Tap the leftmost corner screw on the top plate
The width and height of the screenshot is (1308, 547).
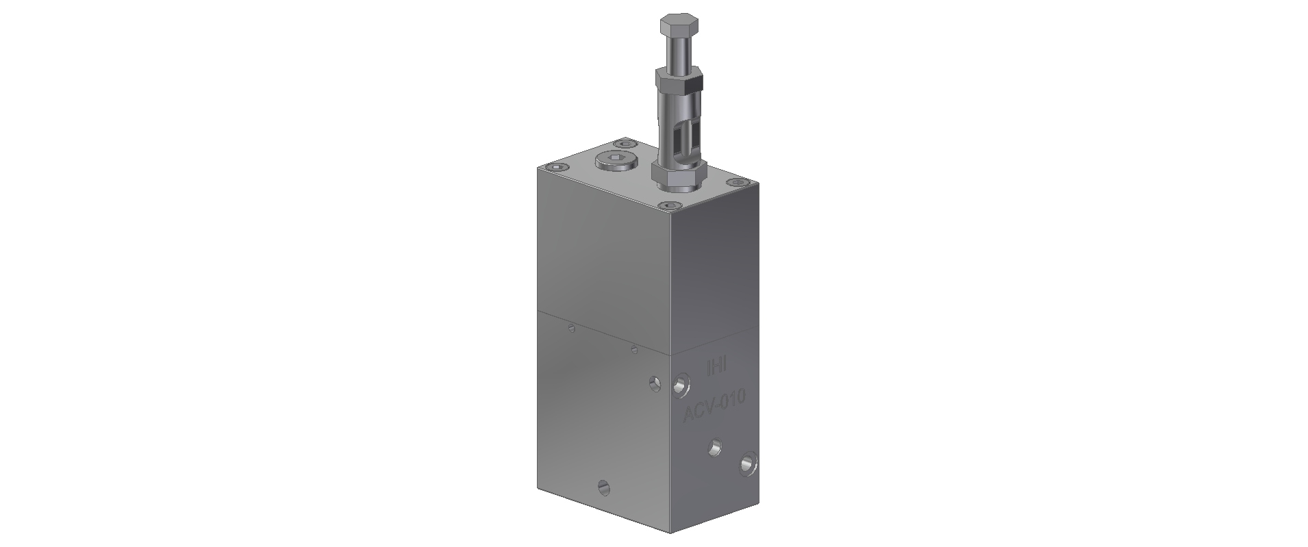(554, 168)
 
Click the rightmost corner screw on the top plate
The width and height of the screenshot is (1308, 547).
(736, 183)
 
